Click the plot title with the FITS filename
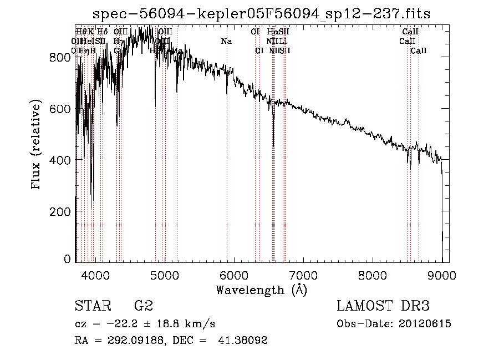262,13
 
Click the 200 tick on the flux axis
62,211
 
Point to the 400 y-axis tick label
62,160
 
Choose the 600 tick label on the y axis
62,109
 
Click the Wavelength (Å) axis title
261,290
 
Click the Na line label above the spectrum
226,41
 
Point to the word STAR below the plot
93,306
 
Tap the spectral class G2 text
144,306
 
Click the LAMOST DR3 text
383,306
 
